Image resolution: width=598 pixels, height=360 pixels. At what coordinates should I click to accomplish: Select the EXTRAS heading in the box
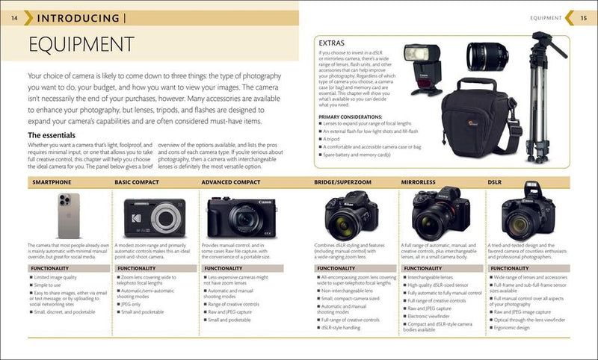pos(331,43)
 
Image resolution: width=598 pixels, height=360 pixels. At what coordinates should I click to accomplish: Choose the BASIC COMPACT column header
pos(137,182)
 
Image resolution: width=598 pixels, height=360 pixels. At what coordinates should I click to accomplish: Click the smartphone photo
pos(70,216)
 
